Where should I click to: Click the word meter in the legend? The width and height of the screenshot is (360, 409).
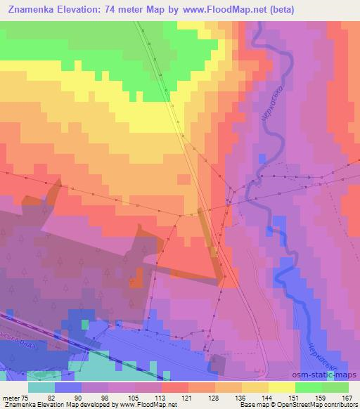(x=10, y=397)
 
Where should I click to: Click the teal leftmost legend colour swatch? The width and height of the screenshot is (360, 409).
(x=41, y=387)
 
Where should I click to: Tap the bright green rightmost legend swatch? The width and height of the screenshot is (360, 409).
(x=335, y=387)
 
